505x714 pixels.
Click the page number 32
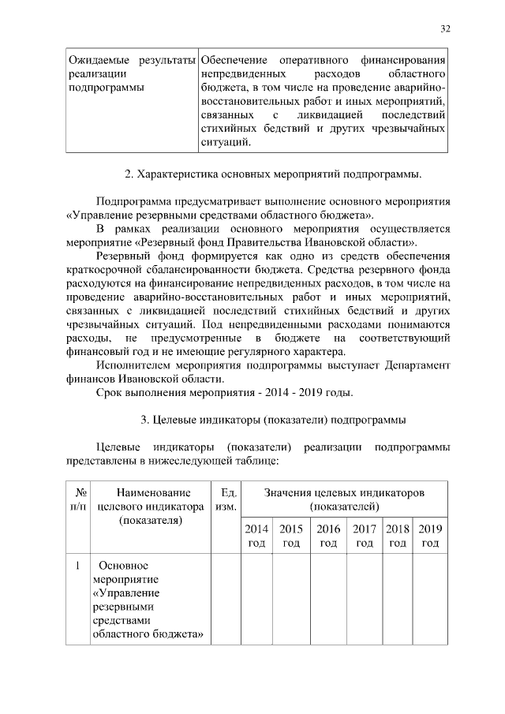click(445, 29)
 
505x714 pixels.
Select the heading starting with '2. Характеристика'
click(272, 173)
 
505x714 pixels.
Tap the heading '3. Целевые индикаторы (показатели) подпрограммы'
click(273, 418)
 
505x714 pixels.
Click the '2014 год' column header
click(256, 536)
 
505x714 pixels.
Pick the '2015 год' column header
click(291, 536)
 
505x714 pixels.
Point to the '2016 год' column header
click(328, 536)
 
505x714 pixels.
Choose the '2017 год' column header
click(365, 536)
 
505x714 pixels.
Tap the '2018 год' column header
click(398, 536)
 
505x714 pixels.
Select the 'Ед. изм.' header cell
click(225, 499)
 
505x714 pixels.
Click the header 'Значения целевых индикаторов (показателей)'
click(345, 499)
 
